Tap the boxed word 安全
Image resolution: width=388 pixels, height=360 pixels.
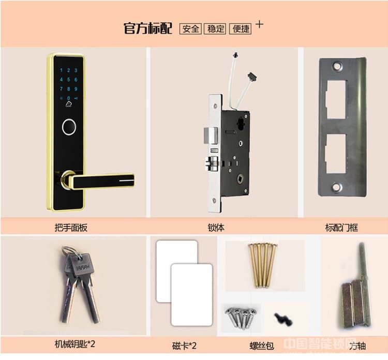(190, 28)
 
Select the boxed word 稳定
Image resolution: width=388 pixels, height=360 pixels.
(216, 28)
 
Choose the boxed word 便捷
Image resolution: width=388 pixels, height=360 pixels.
(241, 28)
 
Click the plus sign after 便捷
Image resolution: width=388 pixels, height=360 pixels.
(260, 24)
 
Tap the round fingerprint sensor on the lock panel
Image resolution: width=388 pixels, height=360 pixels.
(68, 127)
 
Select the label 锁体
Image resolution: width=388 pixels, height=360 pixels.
(216, 227)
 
